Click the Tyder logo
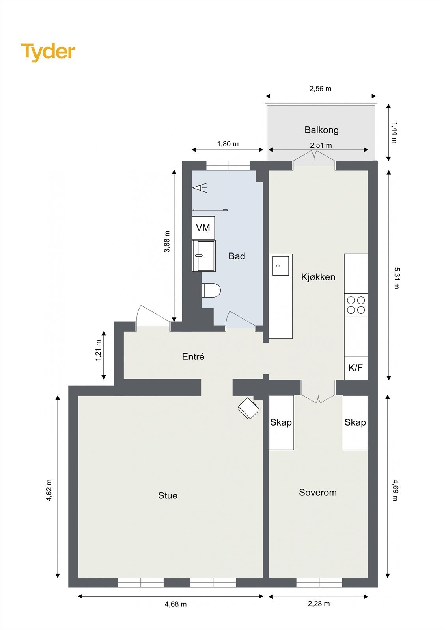coord(48,52)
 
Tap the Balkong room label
coord(321,130)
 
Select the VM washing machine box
coord(203,228)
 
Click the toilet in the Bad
coord(211,290)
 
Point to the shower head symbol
coord(200,187)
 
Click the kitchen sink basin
coord(280,265)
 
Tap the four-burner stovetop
coord(356,305)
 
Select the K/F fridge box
coord(356,368)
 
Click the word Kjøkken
coord(318,277)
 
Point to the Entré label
coord(193,357)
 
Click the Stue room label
coord(168,495)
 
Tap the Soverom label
coord(318,492)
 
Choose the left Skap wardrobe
coord(281,422)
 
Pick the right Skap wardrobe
coord(355,422)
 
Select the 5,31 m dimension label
coord(396,278)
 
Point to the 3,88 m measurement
coord(167,241)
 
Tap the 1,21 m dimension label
coord(98,350)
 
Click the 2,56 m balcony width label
coord(320,89)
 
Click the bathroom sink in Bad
coord(203,256)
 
